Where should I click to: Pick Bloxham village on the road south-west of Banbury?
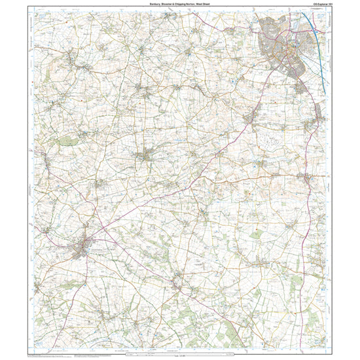tap(253, 118)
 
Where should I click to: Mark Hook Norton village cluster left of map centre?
tap(147, 156)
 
